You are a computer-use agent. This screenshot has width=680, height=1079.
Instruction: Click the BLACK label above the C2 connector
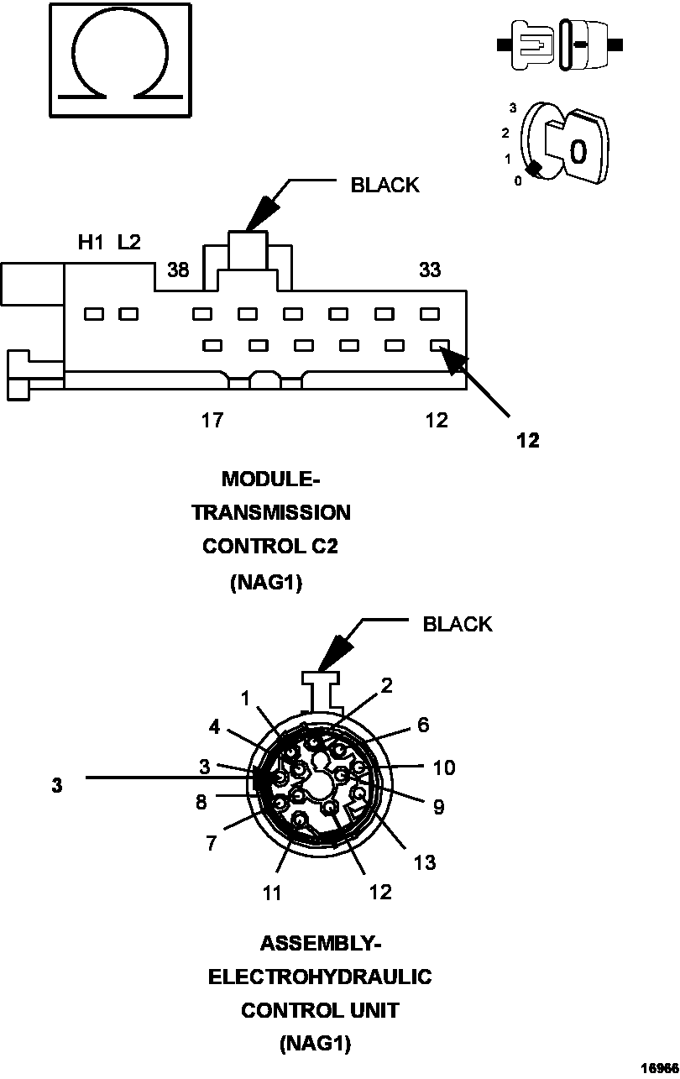[x=384, y=186]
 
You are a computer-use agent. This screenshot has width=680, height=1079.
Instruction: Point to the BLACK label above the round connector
[x=458, y=624]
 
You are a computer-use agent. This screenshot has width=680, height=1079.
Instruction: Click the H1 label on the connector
[x=91, y=243]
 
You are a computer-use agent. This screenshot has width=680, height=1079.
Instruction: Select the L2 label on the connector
[x=129, y=243]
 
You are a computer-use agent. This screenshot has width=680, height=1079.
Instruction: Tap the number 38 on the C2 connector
[x=178, y=270]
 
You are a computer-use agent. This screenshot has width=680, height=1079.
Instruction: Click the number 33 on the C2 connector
[x=430, y=270]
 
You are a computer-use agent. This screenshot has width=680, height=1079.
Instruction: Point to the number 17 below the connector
[x=212, y=420]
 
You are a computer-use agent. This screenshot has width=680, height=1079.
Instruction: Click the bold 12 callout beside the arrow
[x=528, y=440]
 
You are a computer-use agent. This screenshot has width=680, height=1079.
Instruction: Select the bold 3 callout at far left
[x=56, y=786]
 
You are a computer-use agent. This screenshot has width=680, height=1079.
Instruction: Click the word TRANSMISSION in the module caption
[x=271, y=512]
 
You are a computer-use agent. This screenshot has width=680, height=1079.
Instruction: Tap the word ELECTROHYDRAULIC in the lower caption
[x=320, y=977]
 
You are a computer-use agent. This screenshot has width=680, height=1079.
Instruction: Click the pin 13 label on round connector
[x=425, y=862]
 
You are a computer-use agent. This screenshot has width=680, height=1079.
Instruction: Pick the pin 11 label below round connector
[x=271, y=893]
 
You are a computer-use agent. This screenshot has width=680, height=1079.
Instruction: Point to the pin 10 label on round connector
[x=444, y=767]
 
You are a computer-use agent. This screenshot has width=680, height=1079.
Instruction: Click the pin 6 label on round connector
[x=423, y=724]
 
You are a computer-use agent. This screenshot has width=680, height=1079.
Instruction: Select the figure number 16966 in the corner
[x=658, y=1068]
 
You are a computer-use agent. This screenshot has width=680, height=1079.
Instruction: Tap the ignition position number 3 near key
[x=513, y=107]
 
